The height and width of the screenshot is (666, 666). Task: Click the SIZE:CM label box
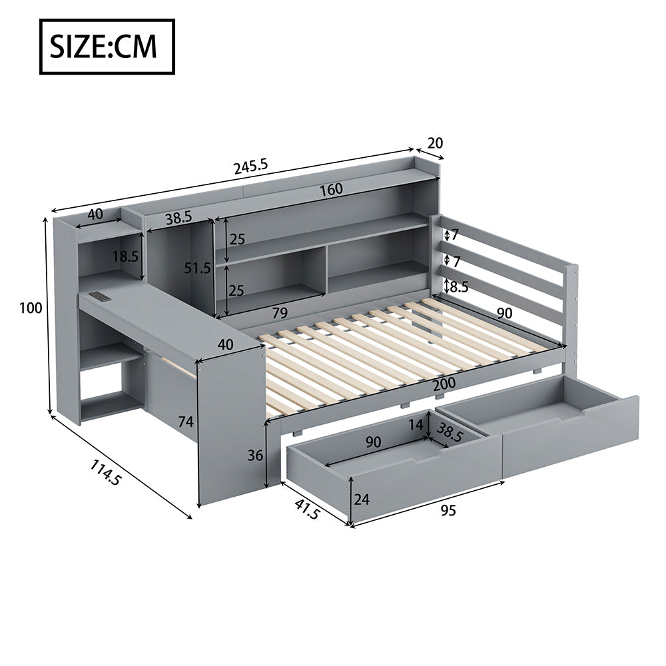tap(107, 47)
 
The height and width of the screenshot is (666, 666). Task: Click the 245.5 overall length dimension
tap(250, 166)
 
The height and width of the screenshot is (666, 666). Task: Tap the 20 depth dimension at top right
tap(435, 143)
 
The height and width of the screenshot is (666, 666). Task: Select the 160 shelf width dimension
tap(330, 189)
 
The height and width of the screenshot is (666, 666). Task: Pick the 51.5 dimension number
tap(197, 268)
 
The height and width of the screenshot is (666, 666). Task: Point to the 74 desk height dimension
tap(186, 420)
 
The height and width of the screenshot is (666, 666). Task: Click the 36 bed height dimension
tap(255, 456)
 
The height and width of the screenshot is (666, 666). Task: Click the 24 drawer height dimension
tap(361, 498)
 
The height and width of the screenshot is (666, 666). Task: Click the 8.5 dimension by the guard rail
tap(458, 286)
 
